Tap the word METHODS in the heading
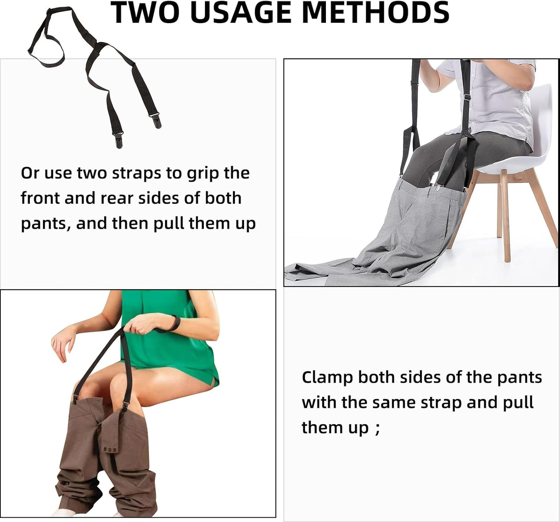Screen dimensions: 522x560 pos(375,12)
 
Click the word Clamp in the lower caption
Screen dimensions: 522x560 pos(327,377)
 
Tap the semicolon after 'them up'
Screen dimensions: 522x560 pos(377,428)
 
